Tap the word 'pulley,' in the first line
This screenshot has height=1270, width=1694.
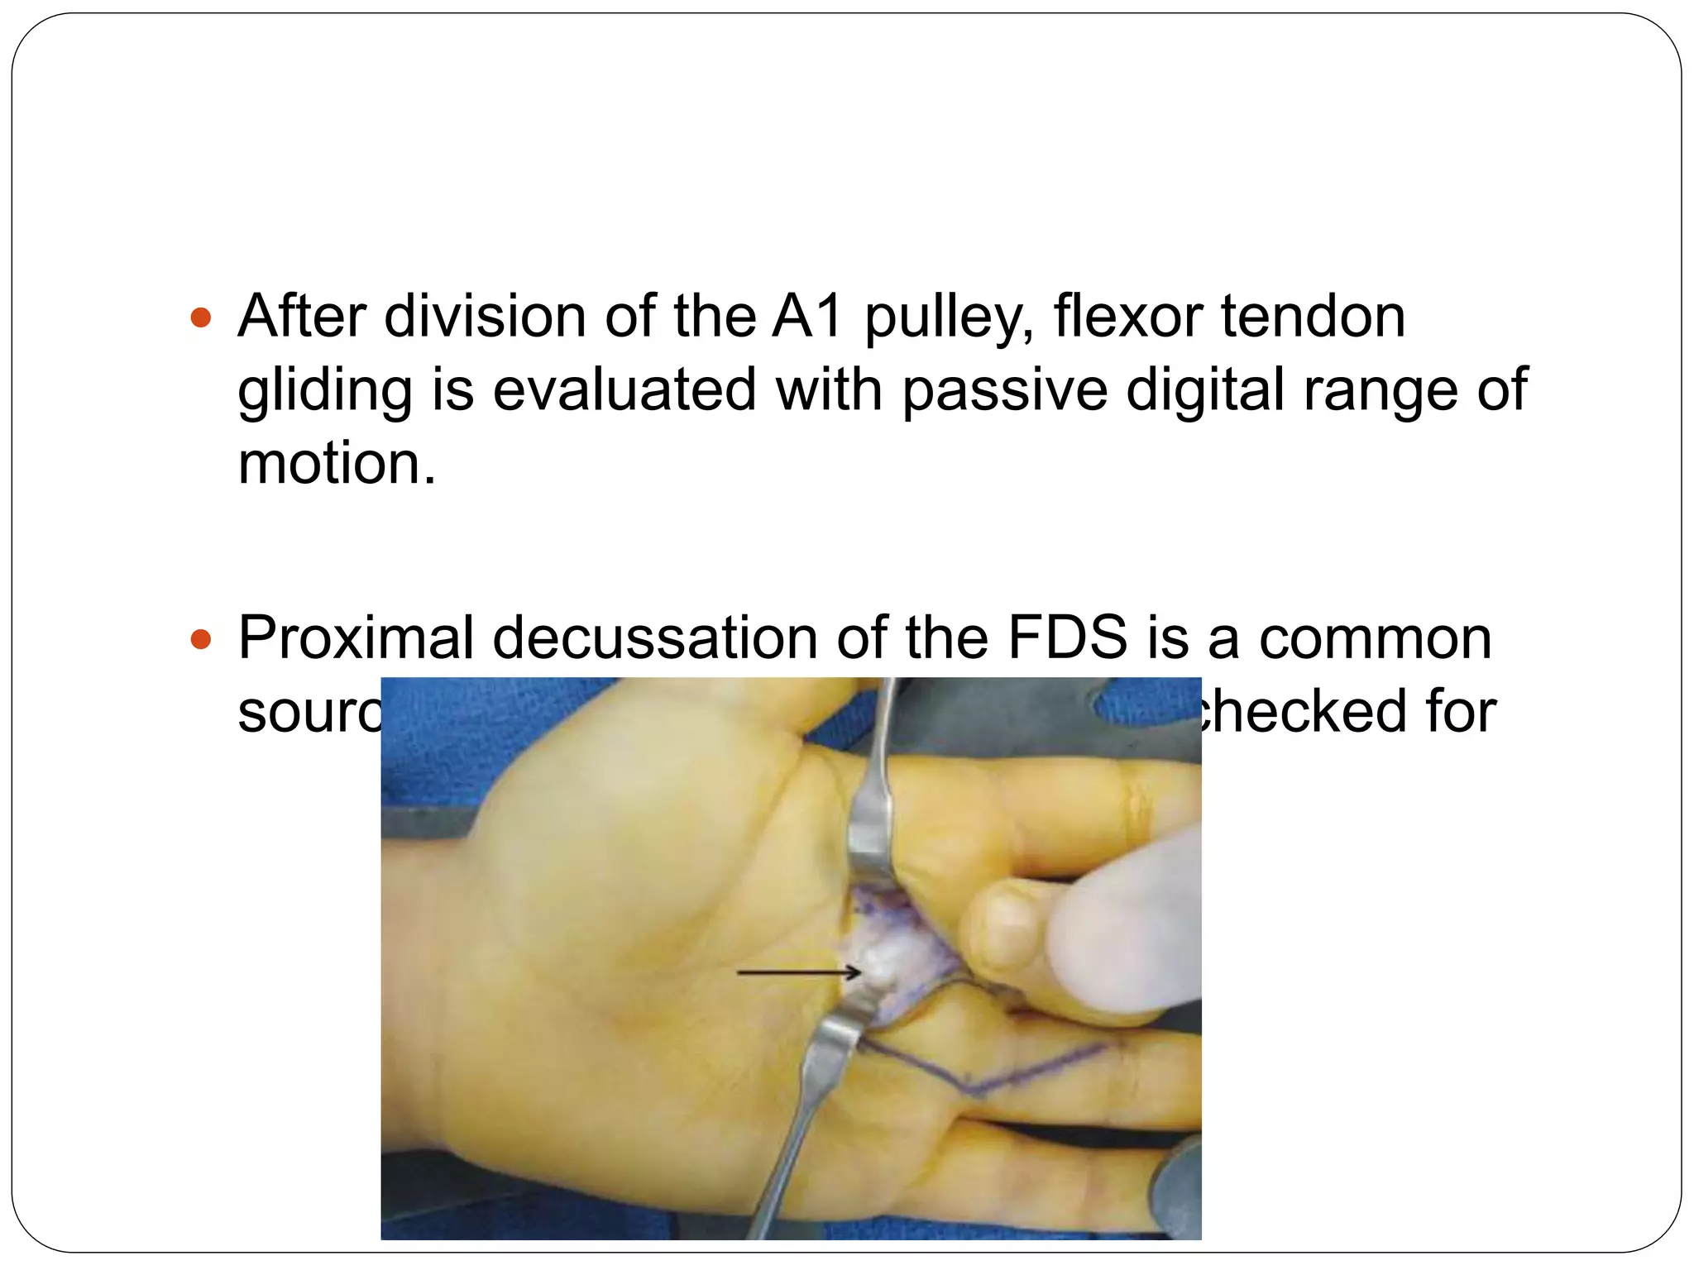point(950,318)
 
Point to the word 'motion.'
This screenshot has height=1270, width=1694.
point(336,463)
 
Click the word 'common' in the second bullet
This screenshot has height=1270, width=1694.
point(1375,638)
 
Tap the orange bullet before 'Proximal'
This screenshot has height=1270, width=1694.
point(201,639)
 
